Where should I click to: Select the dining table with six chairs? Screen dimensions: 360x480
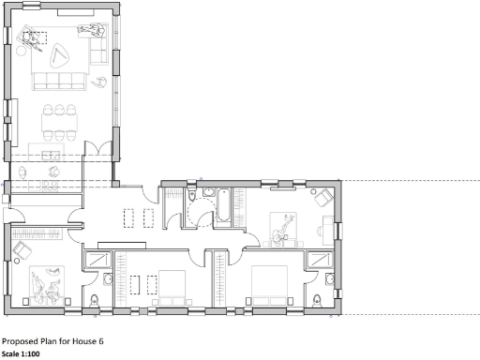pyautogui.click(x=63, y=120)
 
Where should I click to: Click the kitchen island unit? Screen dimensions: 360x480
pyautogui.click(x=54, y=151)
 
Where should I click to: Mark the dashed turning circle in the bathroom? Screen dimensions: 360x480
pyautogui.click(x=201, y=215)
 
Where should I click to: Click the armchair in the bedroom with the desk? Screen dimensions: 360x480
pyautogui.click(x=322, y=198)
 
